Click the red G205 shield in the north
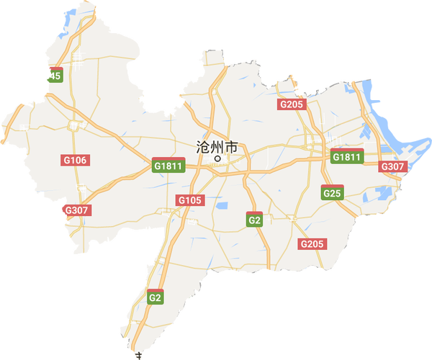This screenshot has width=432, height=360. click(292, 104)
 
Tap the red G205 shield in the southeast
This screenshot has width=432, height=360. click(312, 244)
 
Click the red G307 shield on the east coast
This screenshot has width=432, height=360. click(392, 166)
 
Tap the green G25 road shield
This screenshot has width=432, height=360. click(332, 193)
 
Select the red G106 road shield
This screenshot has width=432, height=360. click(74, 160)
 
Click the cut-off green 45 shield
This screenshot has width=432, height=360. click(55, 76)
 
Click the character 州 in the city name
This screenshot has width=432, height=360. click(217, 147)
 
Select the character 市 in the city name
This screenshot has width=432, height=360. click(231, 147)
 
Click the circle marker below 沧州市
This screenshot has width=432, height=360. click(217, 159)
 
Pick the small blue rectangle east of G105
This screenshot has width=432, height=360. click(222, 207)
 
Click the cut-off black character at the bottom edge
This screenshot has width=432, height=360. click(136, 356)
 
